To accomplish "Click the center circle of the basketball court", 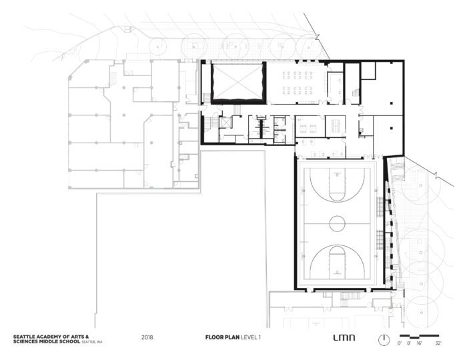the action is point(338,223).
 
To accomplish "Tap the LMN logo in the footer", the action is point(344,338).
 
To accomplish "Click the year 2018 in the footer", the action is point(147,337).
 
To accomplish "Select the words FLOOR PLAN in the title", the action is point(222,337).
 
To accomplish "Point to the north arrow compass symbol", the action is point(384,340).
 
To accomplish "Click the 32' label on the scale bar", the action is point(438,343).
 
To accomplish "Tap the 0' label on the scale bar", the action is point(400,343).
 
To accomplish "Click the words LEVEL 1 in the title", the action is point(251,337).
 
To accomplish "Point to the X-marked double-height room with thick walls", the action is point(238,83).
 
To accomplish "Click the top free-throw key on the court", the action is point(337,185).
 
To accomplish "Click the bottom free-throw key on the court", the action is point(337,263).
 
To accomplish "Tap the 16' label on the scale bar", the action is point(419,343).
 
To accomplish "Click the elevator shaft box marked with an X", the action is point(225,122).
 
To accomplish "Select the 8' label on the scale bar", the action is point(409,343).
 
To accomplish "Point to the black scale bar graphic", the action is point(420,337).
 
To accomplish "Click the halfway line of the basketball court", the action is point(338,223).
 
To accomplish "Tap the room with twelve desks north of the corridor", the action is point(298,83).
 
